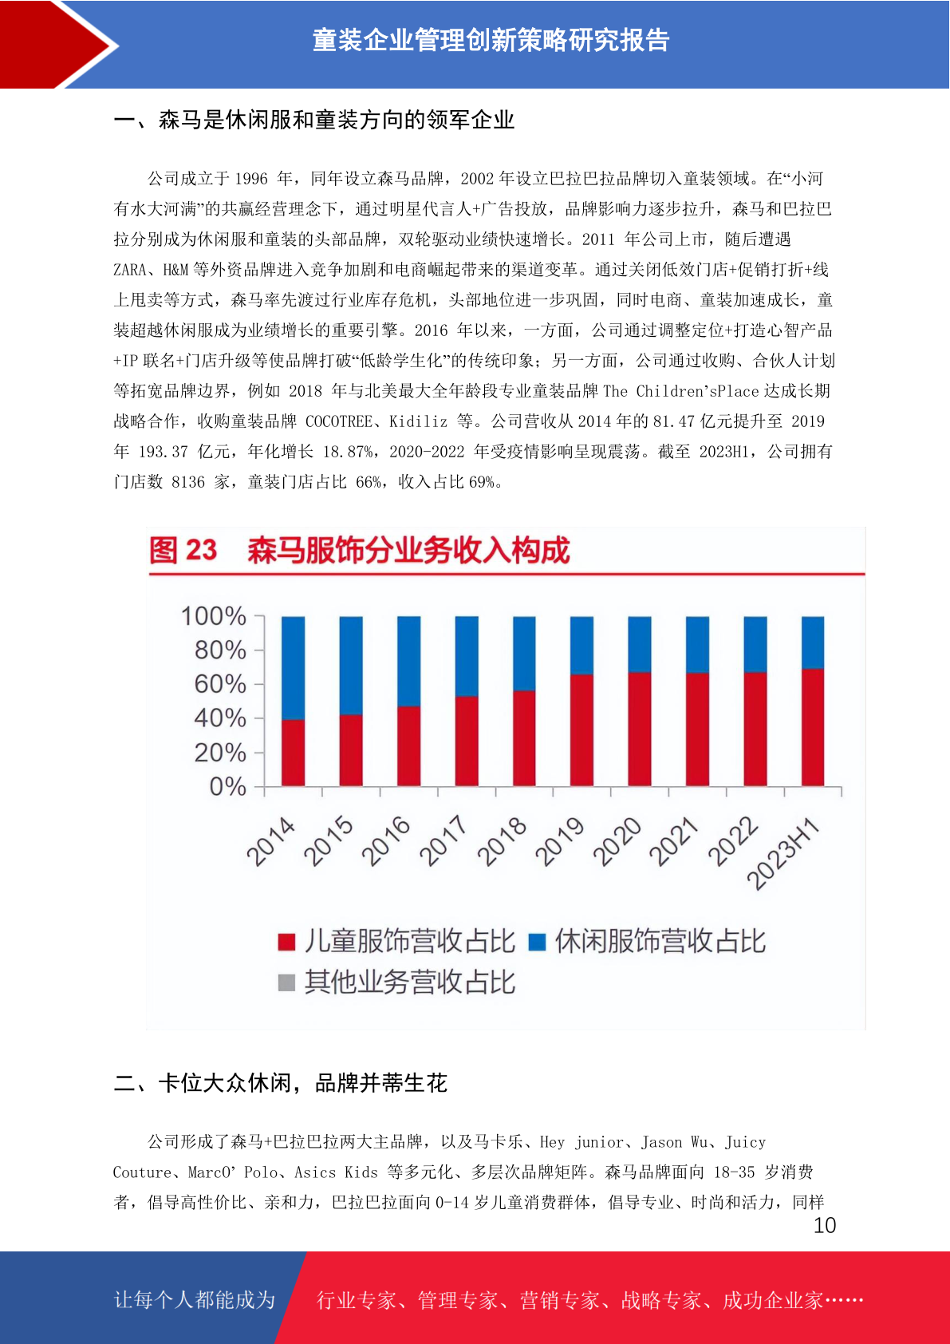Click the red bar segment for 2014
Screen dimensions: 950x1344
click(x=293, y=753)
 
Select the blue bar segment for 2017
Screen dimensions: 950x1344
click(x=467, y=656)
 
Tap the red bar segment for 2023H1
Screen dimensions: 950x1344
click(x=813, y=727)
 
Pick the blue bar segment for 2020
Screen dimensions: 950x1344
click(x=640, y=644)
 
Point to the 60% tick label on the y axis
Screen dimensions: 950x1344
click(x=220, y=684)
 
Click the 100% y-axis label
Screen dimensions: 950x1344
click(x=214, y=616)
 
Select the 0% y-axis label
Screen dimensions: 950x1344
click(x=228, y=787)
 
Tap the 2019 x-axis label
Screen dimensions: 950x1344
click(x=559, y=842)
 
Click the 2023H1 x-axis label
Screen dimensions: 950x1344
click(x=782, y=853)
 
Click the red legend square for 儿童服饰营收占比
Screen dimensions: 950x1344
click(x=286, y=942)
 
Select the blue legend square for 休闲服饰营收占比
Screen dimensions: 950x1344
click(x=537, y=942)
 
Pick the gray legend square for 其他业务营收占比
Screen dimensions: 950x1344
click(x=286, y=982)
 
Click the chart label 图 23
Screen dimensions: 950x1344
click(x=183, y=550)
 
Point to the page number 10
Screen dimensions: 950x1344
click(x=825, y=1225)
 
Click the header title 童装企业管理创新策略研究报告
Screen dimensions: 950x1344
click(x=491, y=41)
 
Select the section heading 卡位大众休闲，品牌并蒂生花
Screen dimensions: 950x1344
click(x=302, y=1083)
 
